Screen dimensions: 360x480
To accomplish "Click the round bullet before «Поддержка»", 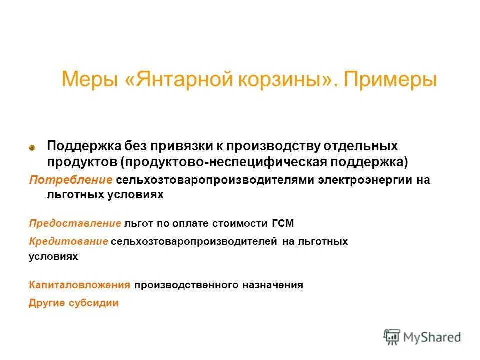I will coord(32,148).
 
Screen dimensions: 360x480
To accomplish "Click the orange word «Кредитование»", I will coord(68,242).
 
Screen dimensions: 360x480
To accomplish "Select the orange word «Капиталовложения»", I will coord(79,285).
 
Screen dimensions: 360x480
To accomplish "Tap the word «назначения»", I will coord(274,285).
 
